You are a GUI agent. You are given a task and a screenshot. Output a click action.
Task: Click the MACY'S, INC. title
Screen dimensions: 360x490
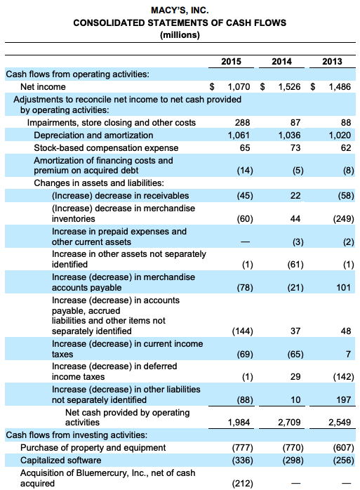pos(180,11)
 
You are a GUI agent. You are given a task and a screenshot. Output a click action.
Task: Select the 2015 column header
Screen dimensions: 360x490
pos(231,62)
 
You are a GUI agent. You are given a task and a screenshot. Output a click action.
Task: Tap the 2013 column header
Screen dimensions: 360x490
pos(332,62)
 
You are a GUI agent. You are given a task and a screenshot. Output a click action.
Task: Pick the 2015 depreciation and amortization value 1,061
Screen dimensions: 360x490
pos(239,135)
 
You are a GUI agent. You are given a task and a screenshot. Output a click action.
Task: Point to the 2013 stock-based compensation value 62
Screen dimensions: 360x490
pos(345,148)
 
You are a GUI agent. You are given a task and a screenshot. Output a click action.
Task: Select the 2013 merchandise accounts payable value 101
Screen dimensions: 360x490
pos(343,288)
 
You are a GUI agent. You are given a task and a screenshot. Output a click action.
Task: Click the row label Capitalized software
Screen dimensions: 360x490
pos(61,460)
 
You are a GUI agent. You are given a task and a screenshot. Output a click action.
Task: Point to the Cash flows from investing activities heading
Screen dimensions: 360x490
pos(76,435)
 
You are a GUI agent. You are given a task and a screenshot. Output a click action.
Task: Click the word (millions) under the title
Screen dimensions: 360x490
pos(180,34)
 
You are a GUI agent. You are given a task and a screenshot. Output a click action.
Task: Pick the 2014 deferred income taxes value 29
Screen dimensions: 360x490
pos(295,377)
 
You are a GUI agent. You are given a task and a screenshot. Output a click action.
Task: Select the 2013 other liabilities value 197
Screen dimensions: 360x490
pos(343,399)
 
